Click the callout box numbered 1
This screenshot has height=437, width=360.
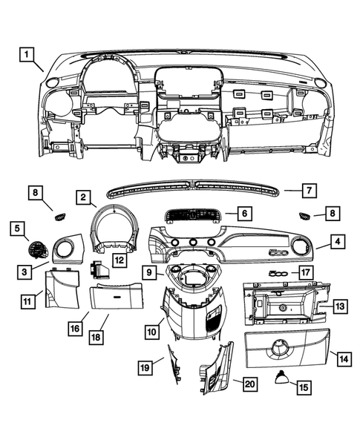[x=26, y=53]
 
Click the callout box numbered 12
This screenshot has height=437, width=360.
[x=119, y=260]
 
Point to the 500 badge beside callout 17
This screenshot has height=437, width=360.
[x=278, y=272]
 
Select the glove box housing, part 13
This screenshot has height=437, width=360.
[x=282, y=304]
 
